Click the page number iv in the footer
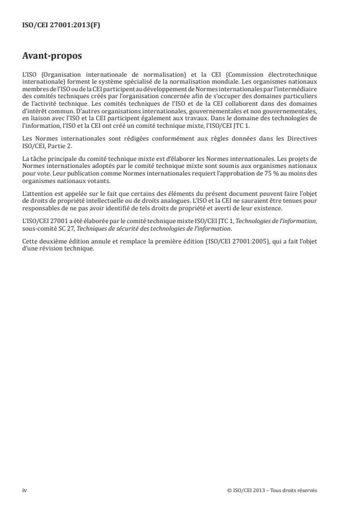coord(24,490)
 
